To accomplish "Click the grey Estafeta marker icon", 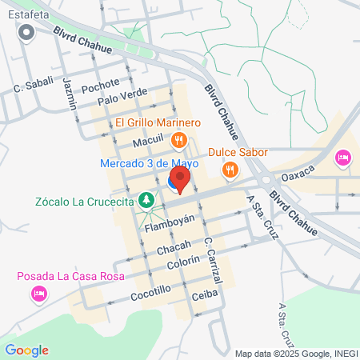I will [26, 33].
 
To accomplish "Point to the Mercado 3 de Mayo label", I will [149, 163].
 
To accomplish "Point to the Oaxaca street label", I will [300, 171].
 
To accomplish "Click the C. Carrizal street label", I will [212, 257].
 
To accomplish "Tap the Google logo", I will [26, 350].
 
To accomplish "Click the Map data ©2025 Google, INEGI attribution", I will [295, 354].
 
